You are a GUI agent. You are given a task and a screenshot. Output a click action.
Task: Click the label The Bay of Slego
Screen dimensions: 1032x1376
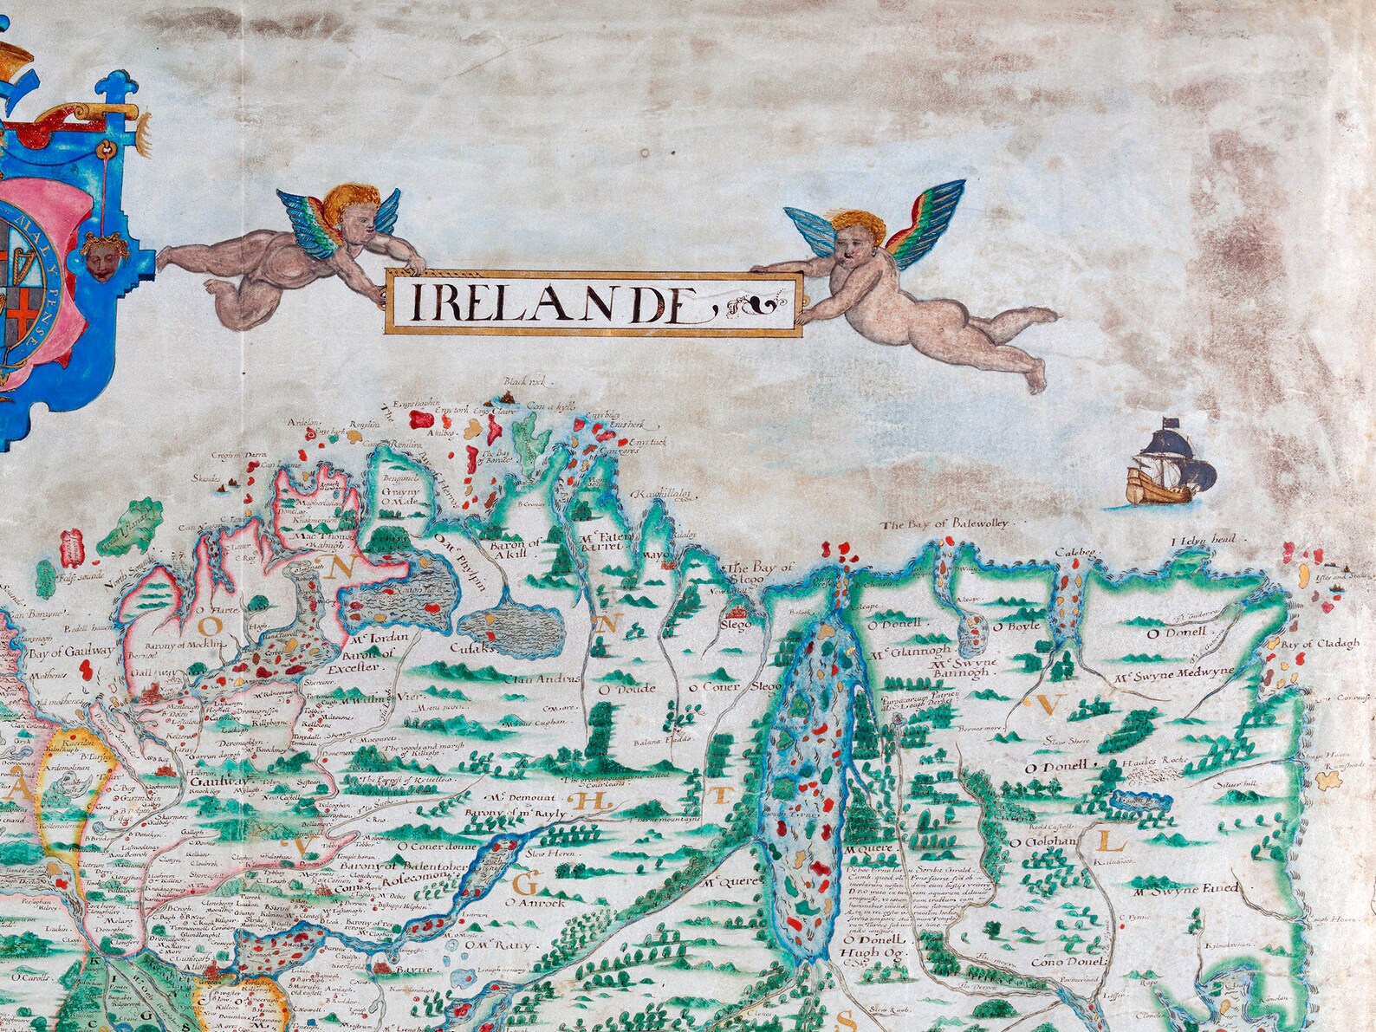click(763, 573)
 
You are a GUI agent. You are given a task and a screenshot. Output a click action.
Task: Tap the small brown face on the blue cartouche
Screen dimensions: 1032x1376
click(105, 251)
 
